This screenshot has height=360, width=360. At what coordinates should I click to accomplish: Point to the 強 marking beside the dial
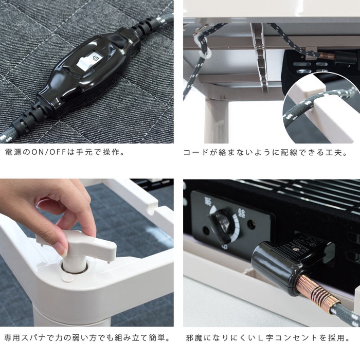click(x=241, y=213)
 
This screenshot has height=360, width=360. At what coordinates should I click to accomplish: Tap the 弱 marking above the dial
click(x=207, y=202)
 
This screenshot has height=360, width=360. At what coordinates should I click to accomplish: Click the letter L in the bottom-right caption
click(x=260, y=338)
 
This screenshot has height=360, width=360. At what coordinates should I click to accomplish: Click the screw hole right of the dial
click(x=251, y=223)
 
